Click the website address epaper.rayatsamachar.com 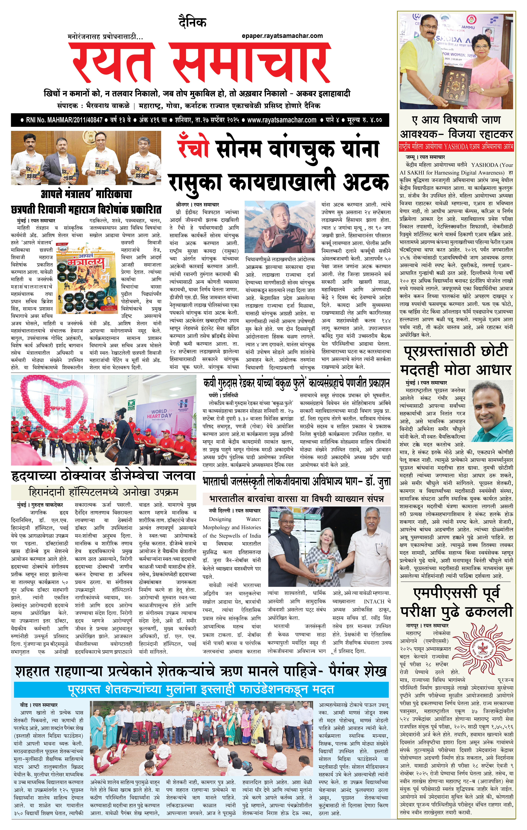click(282, 36)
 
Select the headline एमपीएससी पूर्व click(456, 593)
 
